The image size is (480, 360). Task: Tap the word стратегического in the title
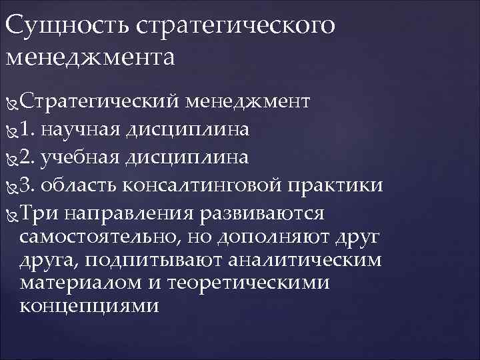pos(233,26)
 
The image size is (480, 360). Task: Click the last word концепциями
pos(90,306)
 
